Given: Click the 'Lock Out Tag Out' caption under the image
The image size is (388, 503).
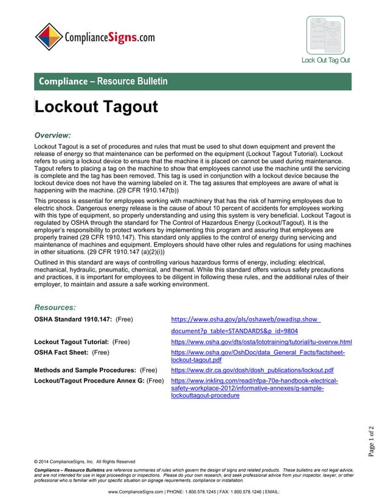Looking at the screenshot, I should (x=325, y=60).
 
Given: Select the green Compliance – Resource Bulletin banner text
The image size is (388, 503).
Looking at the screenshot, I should (x=103, y=81).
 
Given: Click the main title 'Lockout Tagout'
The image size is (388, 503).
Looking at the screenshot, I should (x=97, y=107).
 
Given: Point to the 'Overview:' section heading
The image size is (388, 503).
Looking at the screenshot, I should (x=53, y=135).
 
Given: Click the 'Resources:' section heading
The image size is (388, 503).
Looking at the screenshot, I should (x=55, y=308).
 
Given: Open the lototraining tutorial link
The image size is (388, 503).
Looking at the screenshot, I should (x=262, y=342).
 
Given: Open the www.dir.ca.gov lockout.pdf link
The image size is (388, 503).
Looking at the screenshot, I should (x=252, y=370).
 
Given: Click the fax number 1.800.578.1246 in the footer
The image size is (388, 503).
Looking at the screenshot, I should (x=255, y=491).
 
